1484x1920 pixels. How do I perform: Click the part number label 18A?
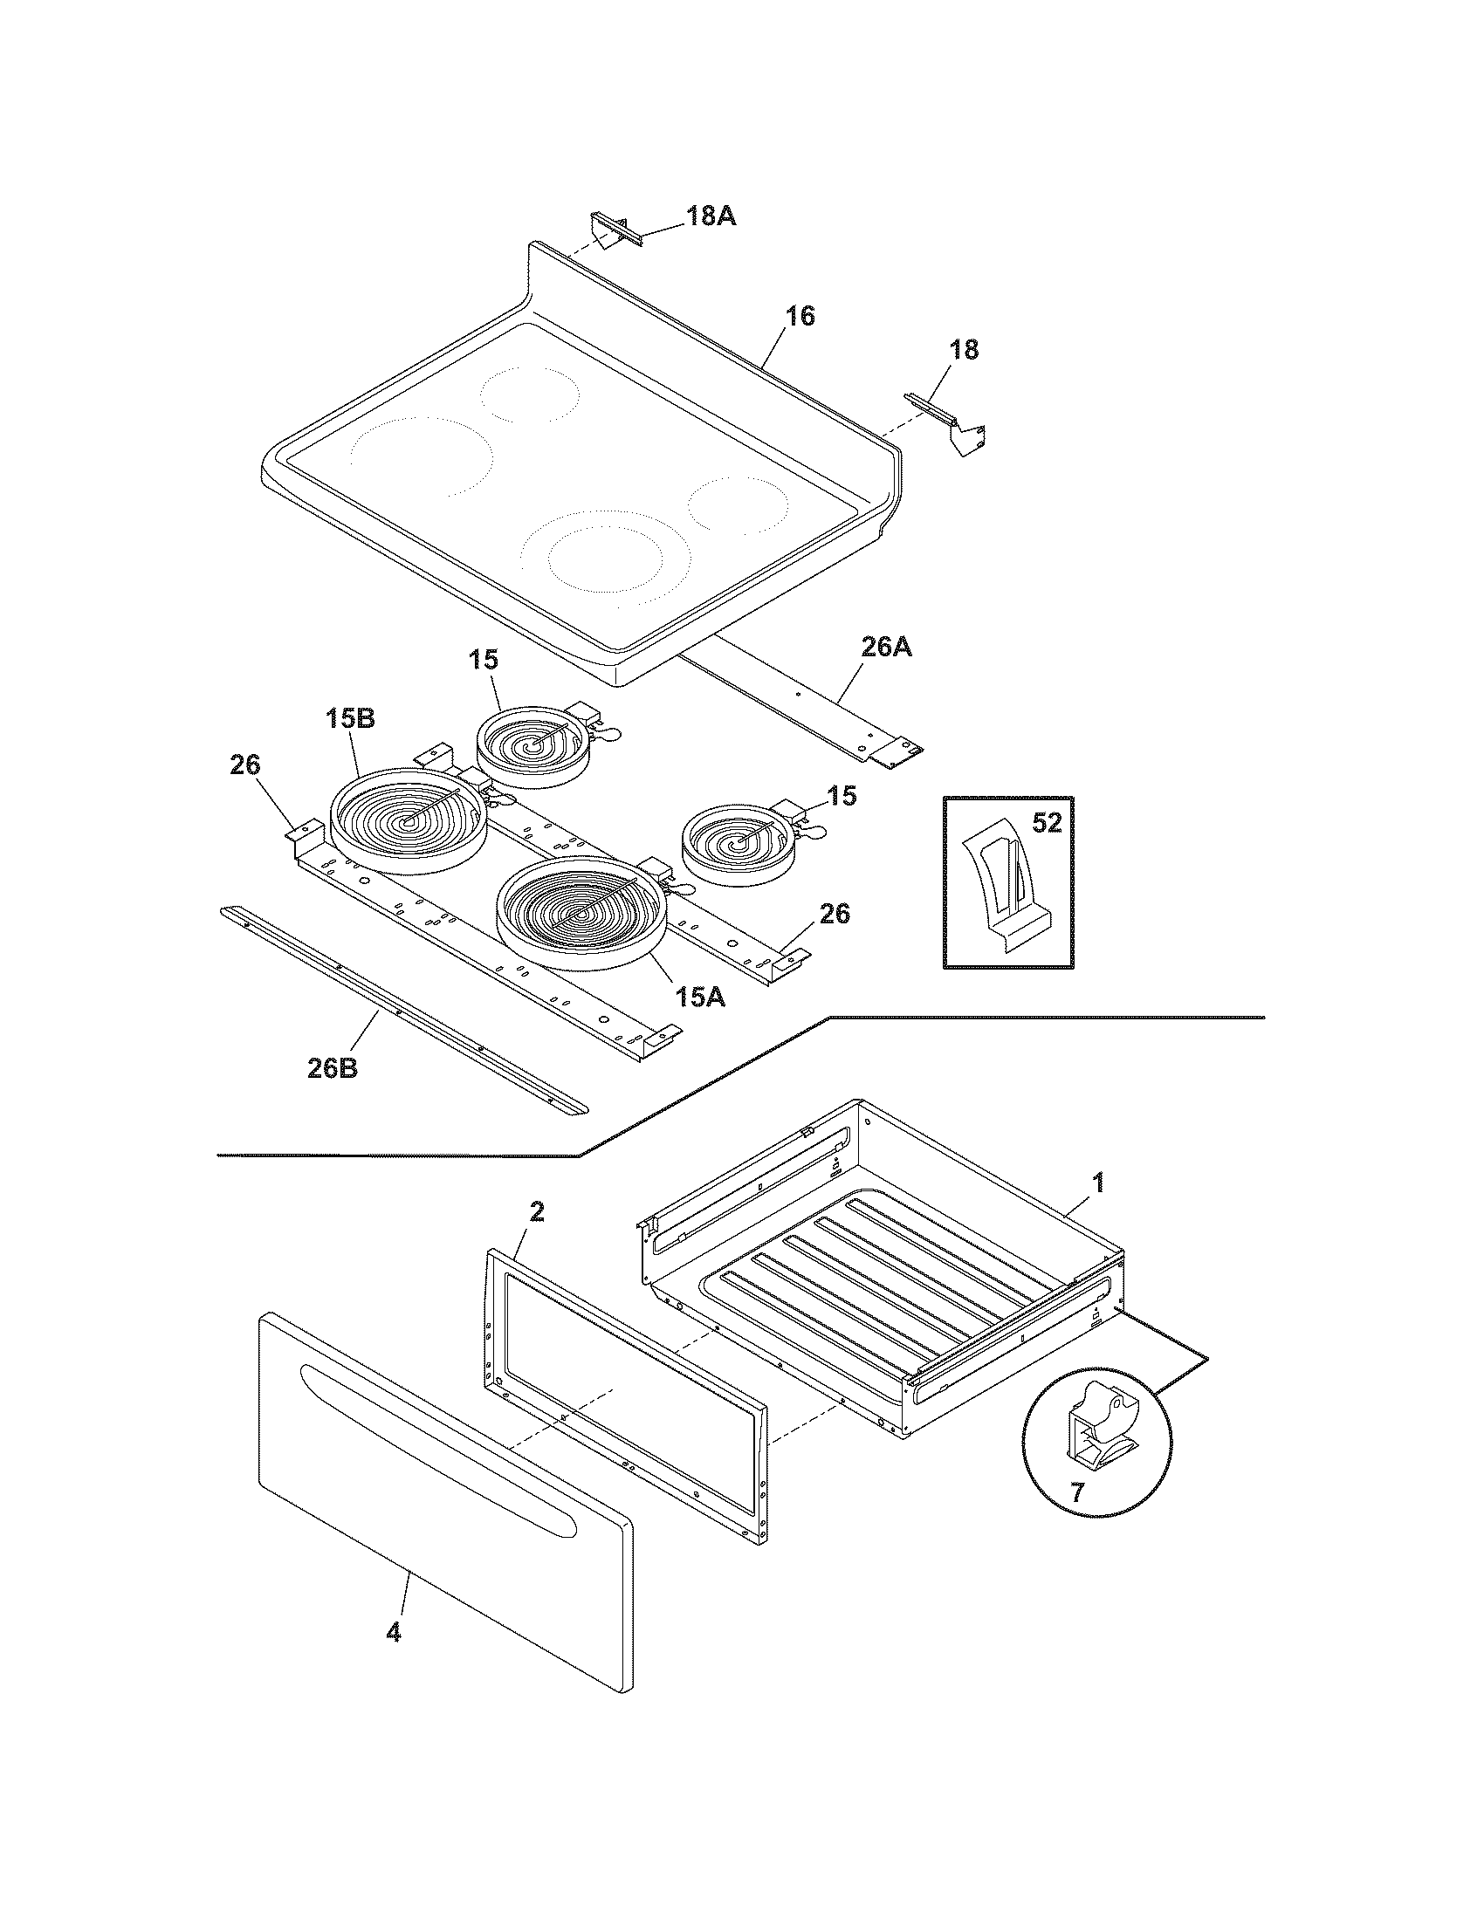pos(710,216)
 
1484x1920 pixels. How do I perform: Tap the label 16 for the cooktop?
pos(799,317)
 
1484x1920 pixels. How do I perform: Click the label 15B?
pos(350,718)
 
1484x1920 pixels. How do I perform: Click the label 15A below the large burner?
pos(700,997)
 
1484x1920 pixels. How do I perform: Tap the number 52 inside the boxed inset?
pos(1046,823)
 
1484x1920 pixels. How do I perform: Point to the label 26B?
pos(333,1068)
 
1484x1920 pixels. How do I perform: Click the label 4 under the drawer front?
pos(393,1634)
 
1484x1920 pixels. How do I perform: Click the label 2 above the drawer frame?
pos(536,1212)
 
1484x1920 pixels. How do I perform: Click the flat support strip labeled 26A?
pos(791,703)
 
